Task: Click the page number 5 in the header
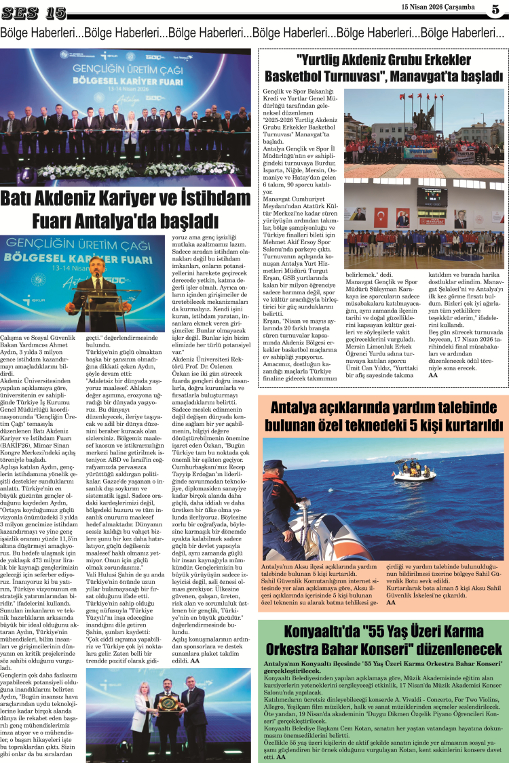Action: pyautogui.click(x=496, y=9)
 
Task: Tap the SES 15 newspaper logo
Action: pyautogui.click(x=34, y=12)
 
